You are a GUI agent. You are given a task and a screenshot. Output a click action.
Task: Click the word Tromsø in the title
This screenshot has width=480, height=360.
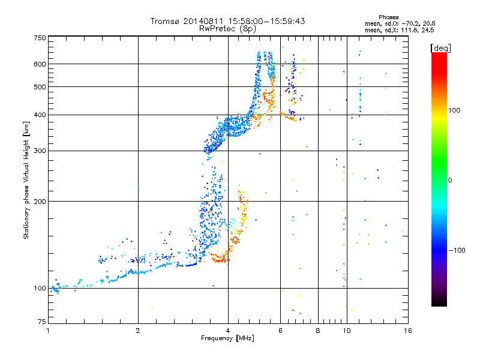pyautogui.click(x=166, y=21)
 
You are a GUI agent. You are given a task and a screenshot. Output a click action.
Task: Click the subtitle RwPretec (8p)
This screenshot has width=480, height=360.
pyautogui.click(x=227, y=29)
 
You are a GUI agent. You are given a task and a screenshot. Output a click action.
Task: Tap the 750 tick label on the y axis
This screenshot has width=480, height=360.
pyautogui.click(x=40, y=38)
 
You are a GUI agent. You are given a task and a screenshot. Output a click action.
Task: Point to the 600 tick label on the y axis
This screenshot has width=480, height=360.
pyautogui.click(x=40, y=64)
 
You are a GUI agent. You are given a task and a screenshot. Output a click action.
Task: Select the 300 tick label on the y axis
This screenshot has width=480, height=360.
pyautogui.click(x=40, y=151)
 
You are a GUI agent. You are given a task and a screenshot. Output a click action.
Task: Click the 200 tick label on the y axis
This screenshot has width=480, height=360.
pyautogui.click(x=40, y=202)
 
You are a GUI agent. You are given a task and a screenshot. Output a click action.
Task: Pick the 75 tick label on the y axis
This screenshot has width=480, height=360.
pyautogui.click(x=42, y=322)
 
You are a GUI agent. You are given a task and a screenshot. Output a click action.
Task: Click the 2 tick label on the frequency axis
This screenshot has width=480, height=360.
pyautogui.click(x=138, y=331)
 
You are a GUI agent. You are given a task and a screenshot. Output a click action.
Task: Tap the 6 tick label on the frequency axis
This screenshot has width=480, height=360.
pyautogui.click(x=280, y=331)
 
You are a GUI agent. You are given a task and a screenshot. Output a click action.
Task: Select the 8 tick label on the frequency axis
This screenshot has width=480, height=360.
pyautogui.click(x=318, y=331)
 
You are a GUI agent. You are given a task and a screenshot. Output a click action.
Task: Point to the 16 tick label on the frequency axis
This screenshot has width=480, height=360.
pyautogui.click(x=408, y=331)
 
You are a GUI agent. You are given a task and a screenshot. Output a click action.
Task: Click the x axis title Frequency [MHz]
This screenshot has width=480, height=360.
pyautogui.click(x=227, y=338)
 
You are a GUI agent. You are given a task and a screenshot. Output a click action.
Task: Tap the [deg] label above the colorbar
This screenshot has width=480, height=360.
pyautogui.click(x=440, y=48)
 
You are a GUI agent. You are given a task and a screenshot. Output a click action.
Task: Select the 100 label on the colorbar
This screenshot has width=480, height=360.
pyautogui.click(x=454, y=110)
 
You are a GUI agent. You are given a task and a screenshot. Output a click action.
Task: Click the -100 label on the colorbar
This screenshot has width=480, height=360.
pyautogui.click(x=457, y=250)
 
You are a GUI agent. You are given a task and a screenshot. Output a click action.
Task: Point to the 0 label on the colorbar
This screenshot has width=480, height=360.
pyautogui.click(x=450, y=181)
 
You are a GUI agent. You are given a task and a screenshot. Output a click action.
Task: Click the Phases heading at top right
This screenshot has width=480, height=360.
pyautogui.click(x=388, y=17)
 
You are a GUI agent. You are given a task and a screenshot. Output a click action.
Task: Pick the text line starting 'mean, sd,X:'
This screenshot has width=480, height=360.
pyautogui.click(x=400, y=30)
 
